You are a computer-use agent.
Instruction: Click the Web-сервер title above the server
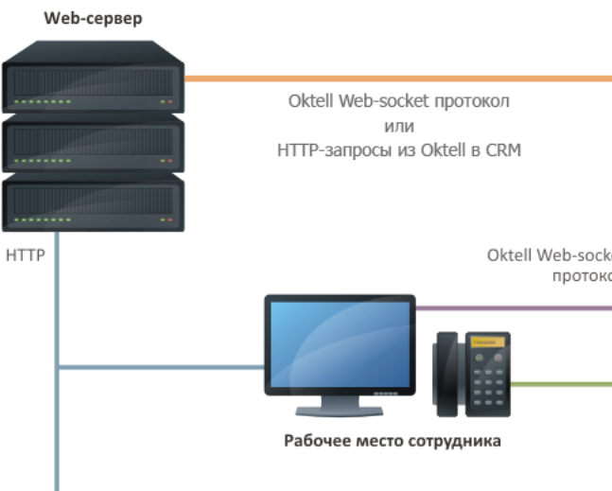click(94, 18)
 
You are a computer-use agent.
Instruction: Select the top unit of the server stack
click(94, 85)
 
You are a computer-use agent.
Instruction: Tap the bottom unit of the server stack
click(94, 204)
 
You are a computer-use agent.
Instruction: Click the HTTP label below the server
click(26, 255)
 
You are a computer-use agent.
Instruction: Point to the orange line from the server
click(397, 79)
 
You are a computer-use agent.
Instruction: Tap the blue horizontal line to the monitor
click(161, 366)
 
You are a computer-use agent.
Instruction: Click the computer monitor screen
click(339, 344)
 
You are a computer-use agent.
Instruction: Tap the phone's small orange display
click(482, 341)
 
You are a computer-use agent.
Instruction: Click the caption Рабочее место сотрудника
click(393, 441)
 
